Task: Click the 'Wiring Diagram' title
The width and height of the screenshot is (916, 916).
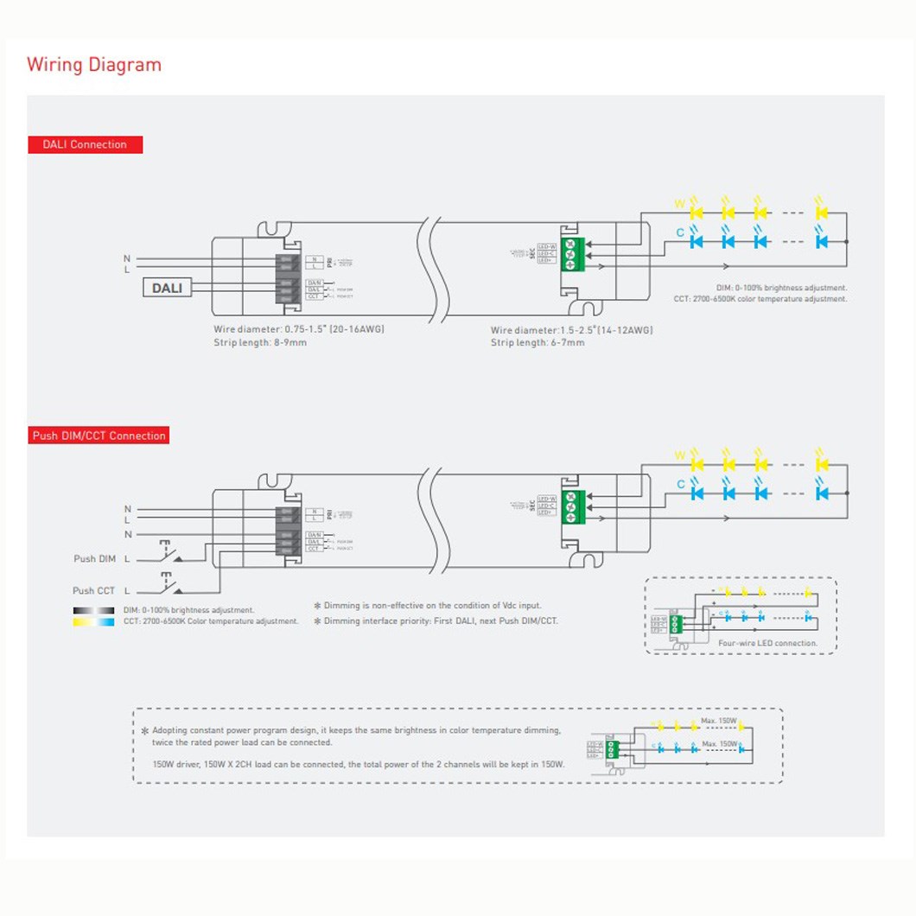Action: (94, 65)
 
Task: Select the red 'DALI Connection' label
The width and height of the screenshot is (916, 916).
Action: (85, 144)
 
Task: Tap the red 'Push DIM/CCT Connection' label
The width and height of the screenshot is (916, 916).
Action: (99, 436)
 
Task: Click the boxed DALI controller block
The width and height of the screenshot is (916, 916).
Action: (167, 288)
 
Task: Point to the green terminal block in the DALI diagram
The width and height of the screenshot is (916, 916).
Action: (571, 253)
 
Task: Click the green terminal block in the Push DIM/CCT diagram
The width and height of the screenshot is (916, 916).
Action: (571, 506)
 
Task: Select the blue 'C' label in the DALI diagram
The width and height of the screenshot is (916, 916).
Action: (680, 232)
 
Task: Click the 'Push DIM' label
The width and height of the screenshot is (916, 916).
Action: (94, 559)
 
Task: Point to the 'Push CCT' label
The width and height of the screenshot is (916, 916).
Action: (93, 590)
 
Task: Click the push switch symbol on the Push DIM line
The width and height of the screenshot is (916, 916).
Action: (169, 551)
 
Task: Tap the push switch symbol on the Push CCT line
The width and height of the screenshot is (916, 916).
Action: (169, 584)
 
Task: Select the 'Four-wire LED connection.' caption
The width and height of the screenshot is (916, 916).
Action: (767, 644)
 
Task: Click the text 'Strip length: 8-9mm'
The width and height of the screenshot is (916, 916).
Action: (260, 342)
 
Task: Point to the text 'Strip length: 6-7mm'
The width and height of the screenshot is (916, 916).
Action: (538, 342)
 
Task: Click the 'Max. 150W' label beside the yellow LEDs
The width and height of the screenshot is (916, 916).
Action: (719, 721)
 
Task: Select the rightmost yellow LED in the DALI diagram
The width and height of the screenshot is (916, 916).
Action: (820, 212)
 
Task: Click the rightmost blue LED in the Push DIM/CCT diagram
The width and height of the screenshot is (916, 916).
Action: (820, 493)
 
